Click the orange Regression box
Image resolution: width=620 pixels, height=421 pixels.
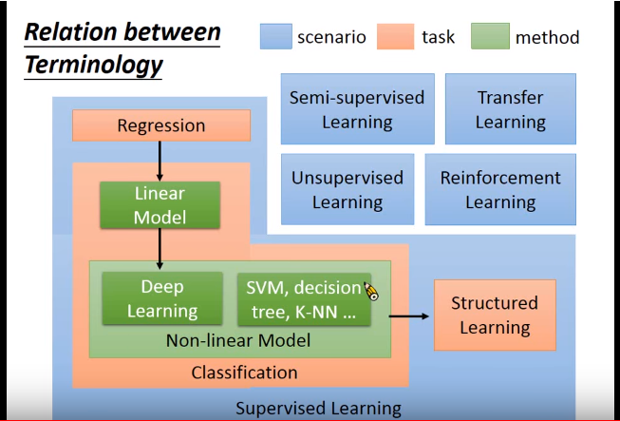tap(161, 125)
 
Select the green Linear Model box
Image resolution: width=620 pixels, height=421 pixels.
tap(160, 205)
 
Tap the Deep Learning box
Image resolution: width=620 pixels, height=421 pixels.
tap(162, 298)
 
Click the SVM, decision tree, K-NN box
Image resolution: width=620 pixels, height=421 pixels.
tap(304, 299)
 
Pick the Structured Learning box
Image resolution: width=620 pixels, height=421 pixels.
tap(495, 315)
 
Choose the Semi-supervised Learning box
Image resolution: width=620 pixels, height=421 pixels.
tap(357, 108)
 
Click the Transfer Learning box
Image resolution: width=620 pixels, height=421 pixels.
tap(511, 108)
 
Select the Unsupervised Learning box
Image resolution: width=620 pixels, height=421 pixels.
tap(348, 189)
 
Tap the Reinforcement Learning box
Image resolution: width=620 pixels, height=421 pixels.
tap(500, 189)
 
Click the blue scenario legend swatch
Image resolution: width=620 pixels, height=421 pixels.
tap(276, 36)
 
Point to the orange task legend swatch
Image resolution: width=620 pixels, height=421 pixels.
tap(395, 36)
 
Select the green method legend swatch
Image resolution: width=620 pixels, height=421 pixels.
tap(490, 36)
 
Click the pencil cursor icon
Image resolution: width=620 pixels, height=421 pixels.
tap(371, 292)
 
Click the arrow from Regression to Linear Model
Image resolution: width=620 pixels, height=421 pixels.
tap(160, 161)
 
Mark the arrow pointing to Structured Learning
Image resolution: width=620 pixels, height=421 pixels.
tap(409, 316)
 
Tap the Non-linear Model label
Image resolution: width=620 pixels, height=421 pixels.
tap(238, 340)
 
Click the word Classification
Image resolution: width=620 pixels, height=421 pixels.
tap(244, 373)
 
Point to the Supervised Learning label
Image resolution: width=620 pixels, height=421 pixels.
tap(318, 408)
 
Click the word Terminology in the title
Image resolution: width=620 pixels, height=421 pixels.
tap(94, 64)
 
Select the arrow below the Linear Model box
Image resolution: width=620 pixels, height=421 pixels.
tap(160, 249)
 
